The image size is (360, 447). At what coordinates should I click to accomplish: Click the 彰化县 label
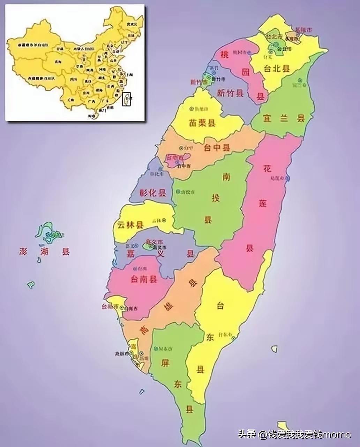[153, 192]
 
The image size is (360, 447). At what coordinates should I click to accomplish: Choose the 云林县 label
[130, 225]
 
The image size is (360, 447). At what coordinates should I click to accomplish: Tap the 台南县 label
[144, 279]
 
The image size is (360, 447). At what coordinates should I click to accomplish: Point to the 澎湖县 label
[45, 251]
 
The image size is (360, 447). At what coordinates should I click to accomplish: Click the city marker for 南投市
[178, 192]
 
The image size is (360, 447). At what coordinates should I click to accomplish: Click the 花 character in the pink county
[267, 169]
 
